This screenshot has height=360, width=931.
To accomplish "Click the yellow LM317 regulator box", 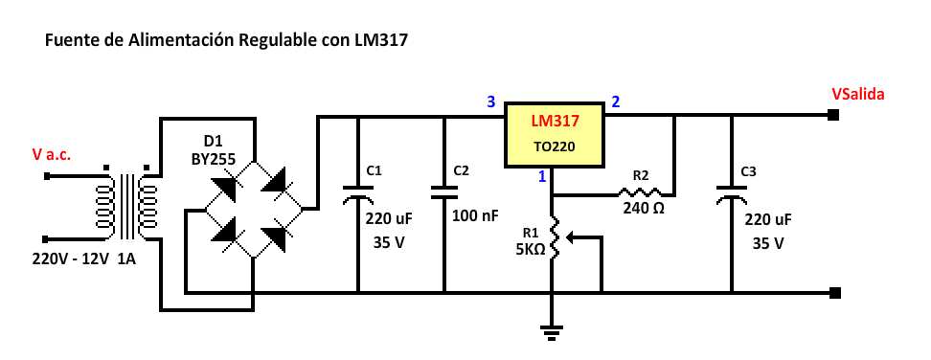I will (x=554, y=134).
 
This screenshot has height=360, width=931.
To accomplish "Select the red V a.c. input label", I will (x=52, y=154).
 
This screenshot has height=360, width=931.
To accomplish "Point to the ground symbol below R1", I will (x=552, y=332).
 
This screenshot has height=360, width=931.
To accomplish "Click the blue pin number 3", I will (x=491, y=101).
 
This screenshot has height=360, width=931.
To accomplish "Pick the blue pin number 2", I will (x=616, y=101).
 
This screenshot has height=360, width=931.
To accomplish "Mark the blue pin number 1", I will (x=541, y=176).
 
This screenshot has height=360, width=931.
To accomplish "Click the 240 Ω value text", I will (x=644, y=207).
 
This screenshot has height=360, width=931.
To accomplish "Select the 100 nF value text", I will (x=475, y=216).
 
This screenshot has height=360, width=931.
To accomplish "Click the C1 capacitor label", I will (x=375, y=170).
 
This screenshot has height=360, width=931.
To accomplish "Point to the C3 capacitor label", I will (x=749, y=171).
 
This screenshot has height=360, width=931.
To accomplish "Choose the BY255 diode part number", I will (x=212, y=159).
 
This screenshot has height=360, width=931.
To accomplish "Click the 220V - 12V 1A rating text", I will (x=85, y=259).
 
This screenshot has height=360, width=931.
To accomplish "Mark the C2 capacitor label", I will (x=461, y=170).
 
